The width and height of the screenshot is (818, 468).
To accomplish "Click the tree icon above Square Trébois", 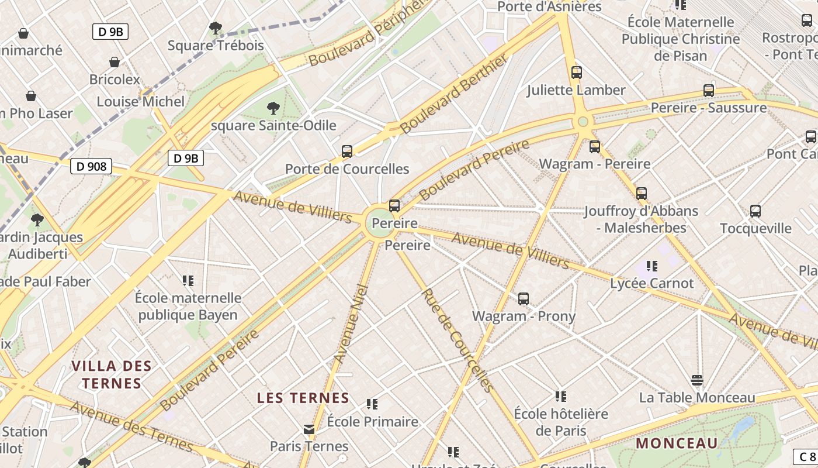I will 216,27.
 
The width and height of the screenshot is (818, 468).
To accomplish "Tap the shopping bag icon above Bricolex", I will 115,62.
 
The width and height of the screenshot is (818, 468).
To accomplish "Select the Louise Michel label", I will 140,102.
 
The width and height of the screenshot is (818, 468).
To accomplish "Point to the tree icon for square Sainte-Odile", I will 273,108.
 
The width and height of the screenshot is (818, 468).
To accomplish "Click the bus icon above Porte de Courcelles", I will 347,152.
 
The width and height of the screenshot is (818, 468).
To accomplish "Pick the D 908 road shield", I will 91,167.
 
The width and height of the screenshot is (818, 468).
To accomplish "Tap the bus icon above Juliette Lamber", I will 577,73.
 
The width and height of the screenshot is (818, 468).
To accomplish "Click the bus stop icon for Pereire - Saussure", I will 709,91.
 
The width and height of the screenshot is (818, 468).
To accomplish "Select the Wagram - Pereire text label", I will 594,164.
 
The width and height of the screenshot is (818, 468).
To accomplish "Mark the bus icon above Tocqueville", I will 755,211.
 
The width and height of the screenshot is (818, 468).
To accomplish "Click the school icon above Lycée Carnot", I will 652,266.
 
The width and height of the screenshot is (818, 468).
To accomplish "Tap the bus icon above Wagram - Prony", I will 524,299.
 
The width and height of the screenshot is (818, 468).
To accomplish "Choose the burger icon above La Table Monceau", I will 696,380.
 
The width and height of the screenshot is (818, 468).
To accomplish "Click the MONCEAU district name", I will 677,443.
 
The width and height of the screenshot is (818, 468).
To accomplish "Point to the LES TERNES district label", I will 303,398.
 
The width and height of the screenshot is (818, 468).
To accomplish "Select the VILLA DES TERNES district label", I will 111,375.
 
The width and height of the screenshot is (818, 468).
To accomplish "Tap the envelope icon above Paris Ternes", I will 309,430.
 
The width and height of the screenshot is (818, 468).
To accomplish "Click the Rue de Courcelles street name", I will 457,340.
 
